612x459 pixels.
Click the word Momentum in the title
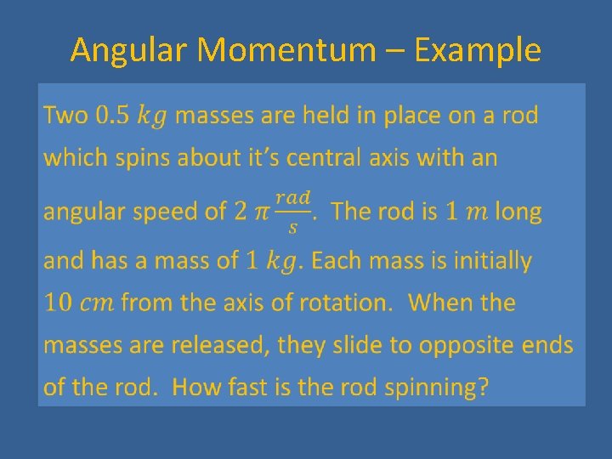click(x=286, y=51)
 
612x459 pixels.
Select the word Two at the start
click(x=66, y=116)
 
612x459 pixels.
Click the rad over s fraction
click(x=293, y=211)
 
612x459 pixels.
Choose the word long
click(x=518, y=212)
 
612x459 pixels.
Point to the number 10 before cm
click(x=58, y=303)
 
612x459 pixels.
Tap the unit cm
click(x=99, y=303)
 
